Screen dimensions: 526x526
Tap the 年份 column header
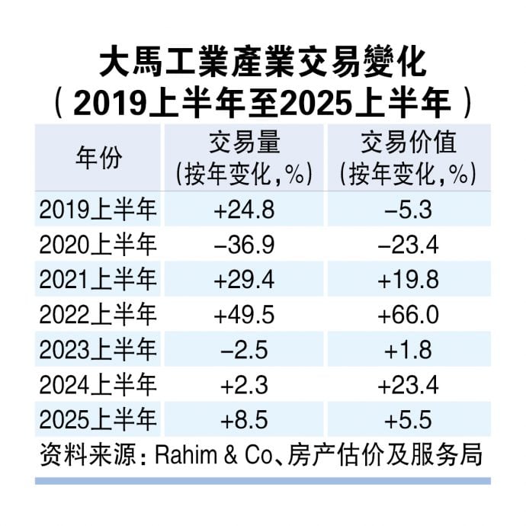[98, 158]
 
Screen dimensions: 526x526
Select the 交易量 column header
[244, 144]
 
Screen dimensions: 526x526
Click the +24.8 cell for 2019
[244, 209]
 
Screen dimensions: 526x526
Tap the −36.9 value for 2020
[244, 244]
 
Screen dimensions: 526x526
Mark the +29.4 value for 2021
[244, 279]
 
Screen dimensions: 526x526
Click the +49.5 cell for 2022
[244, 315]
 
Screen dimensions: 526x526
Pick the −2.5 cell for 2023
[244, 350]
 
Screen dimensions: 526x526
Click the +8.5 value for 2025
[244, 420]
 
